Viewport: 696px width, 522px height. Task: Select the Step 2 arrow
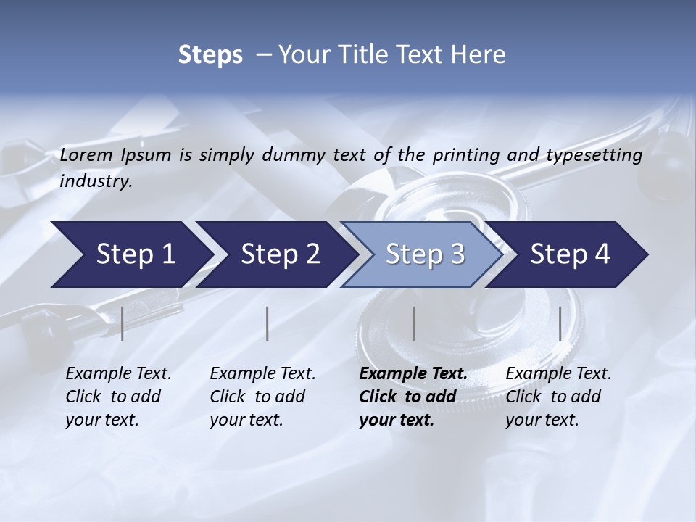(x=280, y=254)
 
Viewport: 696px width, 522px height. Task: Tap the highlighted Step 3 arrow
(x=425, y=254)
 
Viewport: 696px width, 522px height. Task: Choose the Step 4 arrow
(x=570, y=254)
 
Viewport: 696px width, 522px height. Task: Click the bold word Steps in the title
(x=210, y=54)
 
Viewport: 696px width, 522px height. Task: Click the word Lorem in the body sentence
(x=86, y=154)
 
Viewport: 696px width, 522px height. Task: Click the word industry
(x=96, y=181)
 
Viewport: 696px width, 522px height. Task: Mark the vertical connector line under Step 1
(x=123, y=323)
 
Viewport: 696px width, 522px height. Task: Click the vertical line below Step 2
(x=268, y=323)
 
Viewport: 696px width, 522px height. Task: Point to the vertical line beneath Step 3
(x=413, y=323)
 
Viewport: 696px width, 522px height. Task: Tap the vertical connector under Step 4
(x=560, y=323)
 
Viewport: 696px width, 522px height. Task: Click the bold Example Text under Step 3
(x=413, y=374)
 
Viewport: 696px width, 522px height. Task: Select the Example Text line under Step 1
(x=119, y=374)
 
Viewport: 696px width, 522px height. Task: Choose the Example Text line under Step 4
(x=558, y=374)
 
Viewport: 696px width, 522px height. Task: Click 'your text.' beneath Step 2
(x=246, y=420)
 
